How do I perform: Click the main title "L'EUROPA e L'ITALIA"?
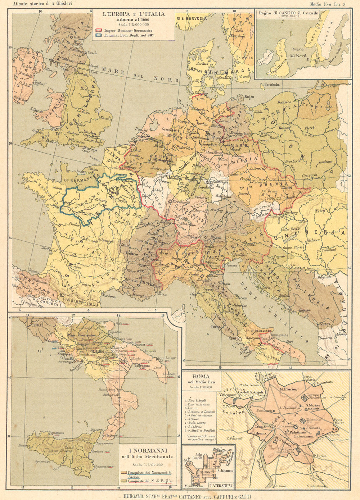[x=134, y=14]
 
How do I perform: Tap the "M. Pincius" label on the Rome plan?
[x=289, y=389]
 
